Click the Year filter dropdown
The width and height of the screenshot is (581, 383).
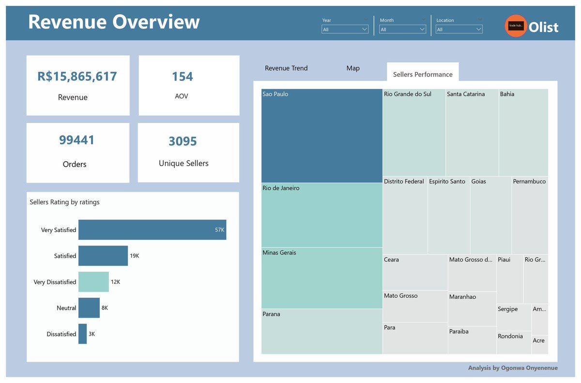pos(345,30)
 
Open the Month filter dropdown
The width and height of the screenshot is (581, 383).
pos(402,30)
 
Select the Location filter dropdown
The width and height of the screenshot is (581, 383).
pos(459,30)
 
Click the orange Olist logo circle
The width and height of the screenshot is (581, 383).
pos(516,26)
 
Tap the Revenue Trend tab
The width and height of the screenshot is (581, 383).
pos(286,68)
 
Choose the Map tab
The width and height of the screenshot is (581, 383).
pos(353,68)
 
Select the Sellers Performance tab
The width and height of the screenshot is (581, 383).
pos(423,74)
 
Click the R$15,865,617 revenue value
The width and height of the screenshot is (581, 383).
pos(77,77)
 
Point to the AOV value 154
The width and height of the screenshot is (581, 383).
pos(183,77)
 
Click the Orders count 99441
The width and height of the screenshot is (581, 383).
pos(77,140)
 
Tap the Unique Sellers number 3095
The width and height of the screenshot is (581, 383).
pos(183,141)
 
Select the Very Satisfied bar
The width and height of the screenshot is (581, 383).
pos(152,230)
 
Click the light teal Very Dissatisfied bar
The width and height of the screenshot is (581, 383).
pos(93,282)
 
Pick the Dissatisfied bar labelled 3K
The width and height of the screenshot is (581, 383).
pos(82,334)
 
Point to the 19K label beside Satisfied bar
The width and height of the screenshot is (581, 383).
pos(135,256)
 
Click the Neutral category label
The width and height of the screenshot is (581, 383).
pos(66,308)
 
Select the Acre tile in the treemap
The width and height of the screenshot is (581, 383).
pos(539,344)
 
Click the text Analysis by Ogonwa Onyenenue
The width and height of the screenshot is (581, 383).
pos(513,368)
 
